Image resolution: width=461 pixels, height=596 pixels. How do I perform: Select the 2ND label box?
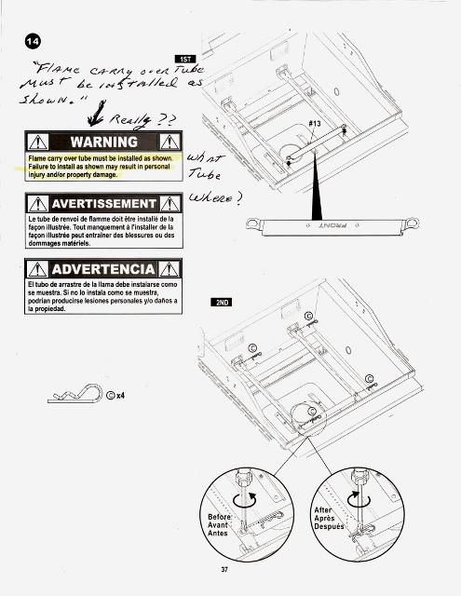(224, 303)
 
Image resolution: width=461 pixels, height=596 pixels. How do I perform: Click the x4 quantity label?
(118, 395)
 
